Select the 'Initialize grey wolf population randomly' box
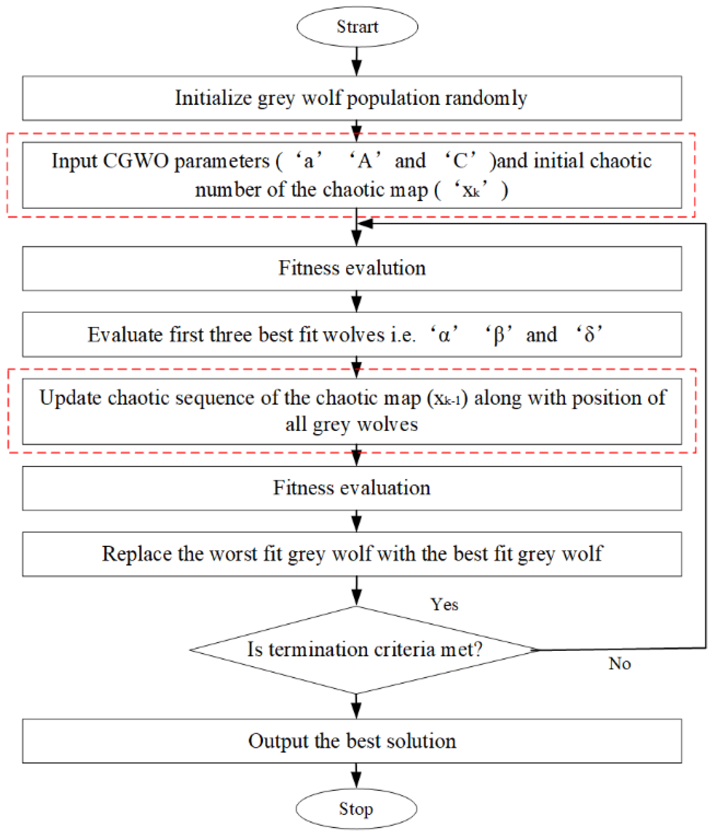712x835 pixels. (x=351, y=98)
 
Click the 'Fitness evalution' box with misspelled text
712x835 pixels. (x=351, y=268)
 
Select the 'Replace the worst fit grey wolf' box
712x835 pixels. (x=351, y=554)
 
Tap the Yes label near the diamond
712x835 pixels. (x=444, y=605)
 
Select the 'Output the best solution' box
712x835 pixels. (x=351, y=741)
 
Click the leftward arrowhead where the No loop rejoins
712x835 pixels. (x=365, y=223)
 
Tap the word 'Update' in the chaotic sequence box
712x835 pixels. (x=70, y=398)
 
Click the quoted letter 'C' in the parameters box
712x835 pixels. (x=460, y=161)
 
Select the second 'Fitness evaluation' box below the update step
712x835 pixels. (x=351, y=488)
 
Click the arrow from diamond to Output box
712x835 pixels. (x=356, y=706)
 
